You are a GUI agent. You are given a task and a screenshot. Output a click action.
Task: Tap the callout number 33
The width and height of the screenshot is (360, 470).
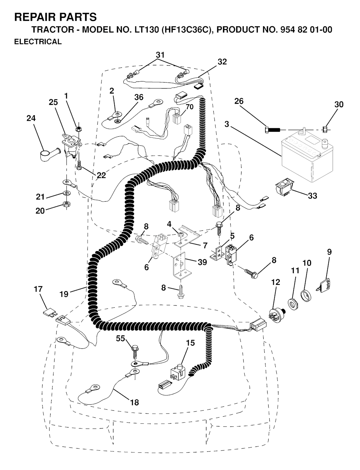(313, 196)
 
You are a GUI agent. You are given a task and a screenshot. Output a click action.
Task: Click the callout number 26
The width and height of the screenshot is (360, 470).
(239, 101)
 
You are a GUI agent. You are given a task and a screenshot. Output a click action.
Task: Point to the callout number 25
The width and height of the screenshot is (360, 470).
(53, 102)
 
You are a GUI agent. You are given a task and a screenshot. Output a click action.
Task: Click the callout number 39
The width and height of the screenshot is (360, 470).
(202, 262)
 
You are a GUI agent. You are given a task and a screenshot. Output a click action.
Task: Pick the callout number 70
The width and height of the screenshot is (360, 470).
(189, 106)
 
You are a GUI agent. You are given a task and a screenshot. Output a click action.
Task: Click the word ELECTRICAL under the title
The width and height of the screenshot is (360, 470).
(38, 41)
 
